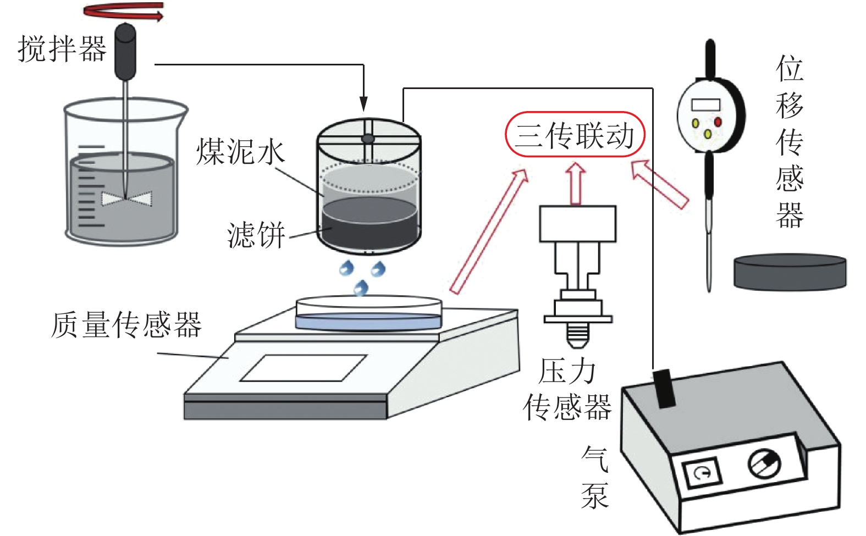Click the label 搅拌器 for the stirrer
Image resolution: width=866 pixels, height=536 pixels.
(x=62, y=49)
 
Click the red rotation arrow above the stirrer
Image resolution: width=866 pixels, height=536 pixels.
(x=124, y=12)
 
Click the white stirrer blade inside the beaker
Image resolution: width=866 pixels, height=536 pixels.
(x=127, y=199)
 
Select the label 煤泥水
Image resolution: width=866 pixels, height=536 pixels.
(x=241, y=152)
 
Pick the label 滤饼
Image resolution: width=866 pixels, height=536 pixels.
(x=256, y=235)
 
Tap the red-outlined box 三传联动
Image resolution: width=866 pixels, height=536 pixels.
(x=575, y=135)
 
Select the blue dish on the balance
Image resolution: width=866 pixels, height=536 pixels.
(x=368, y=322)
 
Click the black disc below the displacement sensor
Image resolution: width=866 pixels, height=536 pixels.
(x=790, y=272)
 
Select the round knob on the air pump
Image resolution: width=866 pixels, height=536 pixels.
(x=764, y=463)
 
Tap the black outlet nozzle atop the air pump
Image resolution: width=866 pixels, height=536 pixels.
(x=664, y=388)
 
